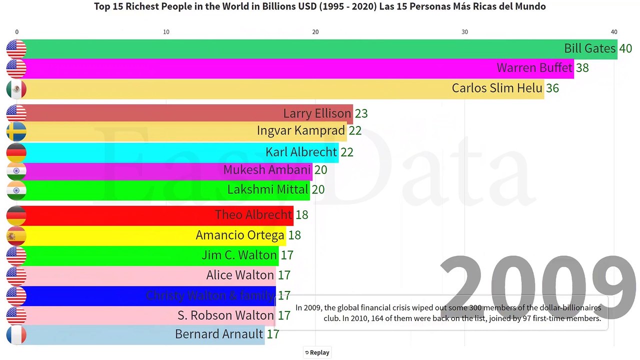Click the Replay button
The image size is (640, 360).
click(x=317, y=352)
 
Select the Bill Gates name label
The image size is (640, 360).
click(x=589, y=48)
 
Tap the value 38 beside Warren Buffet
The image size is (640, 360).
click(x=582, y=68)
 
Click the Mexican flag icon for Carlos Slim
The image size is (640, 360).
click(x=16, y=89)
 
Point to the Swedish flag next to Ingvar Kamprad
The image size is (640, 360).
click(x=16, y=131)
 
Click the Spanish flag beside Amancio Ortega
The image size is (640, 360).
click(x=16, y=235)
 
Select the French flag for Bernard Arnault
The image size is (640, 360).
click(x=16, y=335)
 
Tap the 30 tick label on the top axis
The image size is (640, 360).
click(x=464, y=32)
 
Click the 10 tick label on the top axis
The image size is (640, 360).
click(x=166, y=32)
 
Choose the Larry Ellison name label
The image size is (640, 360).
click(x=317, y=113)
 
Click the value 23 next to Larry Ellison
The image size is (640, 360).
click(x=361, y=113)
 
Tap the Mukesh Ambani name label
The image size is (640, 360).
click(x=267, y=170)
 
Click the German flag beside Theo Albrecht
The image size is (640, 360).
click(x=16, y=215)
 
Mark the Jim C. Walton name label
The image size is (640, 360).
click(x=239, y=255)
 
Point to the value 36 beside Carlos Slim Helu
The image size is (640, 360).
click(x=552, y=88)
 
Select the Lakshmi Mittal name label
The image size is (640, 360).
click(x=267, y=190)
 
